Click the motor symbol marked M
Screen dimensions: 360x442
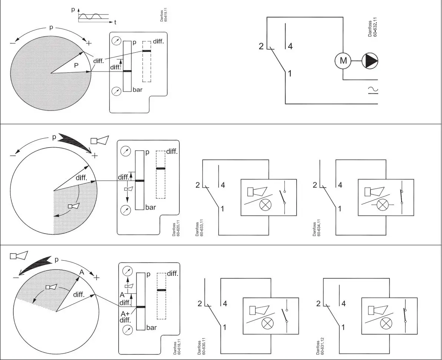click(x=343, y=61)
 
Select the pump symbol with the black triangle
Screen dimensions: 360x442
click(x=370, y=61)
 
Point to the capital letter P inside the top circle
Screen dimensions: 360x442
click(x=76, y=65)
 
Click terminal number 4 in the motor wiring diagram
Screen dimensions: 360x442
click(x=290, y=47)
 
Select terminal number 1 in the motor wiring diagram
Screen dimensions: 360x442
click(x=290, y=74)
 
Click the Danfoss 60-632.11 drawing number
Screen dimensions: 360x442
click(x=373, y=28)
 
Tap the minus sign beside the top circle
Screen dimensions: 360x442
click(x=13, y=43)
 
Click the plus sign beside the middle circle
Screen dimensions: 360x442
click(x=95, y=155)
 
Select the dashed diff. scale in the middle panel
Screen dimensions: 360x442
click(x=161, y=174)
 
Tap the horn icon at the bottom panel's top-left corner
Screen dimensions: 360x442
click(x=19, y=256)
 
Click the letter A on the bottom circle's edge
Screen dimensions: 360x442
click(x=82, y=273)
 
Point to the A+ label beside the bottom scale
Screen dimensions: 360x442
click(x=125, y=314)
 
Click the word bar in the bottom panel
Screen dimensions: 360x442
click(x=152, y=328)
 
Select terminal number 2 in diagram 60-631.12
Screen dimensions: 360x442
click(x=318, y=304)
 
